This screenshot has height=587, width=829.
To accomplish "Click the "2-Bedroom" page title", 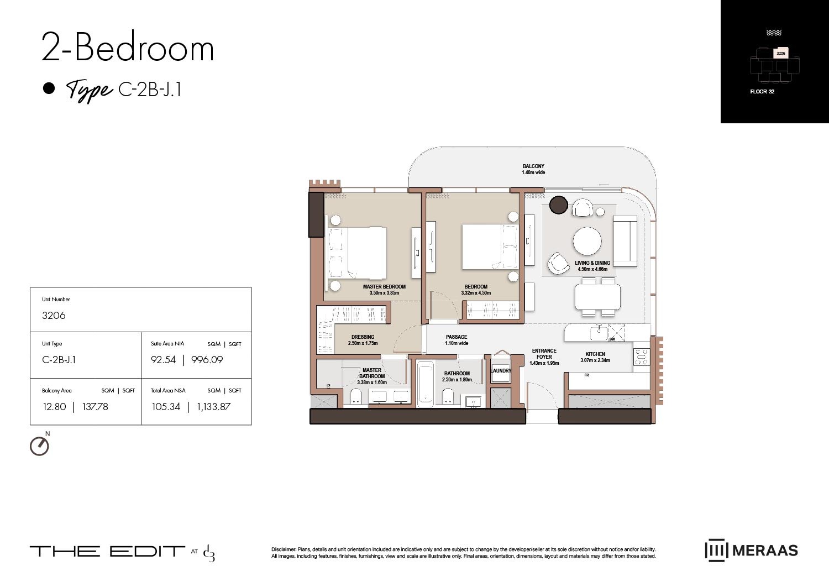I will pos(128,48).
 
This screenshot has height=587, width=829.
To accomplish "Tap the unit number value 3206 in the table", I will pos(54,316).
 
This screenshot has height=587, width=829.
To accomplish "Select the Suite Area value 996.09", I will pos(207,360).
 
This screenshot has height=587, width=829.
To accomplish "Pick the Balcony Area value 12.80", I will pos(54,407).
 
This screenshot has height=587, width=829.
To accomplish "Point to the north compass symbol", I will pos(39,446).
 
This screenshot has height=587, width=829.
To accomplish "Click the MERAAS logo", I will pos(751,551).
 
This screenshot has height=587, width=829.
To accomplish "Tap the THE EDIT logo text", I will pos(107,551).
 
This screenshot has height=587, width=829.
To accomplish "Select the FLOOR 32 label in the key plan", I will pos(762,92).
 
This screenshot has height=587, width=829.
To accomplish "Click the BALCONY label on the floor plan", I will pos(533,166).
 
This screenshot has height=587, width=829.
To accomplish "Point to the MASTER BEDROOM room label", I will pos(384,287).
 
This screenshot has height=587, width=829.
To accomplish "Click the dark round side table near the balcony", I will pos(559,205).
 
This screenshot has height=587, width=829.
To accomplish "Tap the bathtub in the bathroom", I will pos(425,385).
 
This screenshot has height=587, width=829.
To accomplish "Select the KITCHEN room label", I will pos(595,354).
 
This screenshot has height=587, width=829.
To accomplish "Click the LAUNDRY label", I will pos(501,371).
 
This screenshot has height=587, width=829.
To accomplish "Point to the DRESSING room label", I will pos(363,337).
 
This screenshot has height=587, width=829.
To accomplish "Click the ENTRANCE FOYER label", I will pos(544,354).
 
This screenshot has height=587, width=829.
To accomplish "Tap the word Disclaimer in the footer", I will pos(284,549).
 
